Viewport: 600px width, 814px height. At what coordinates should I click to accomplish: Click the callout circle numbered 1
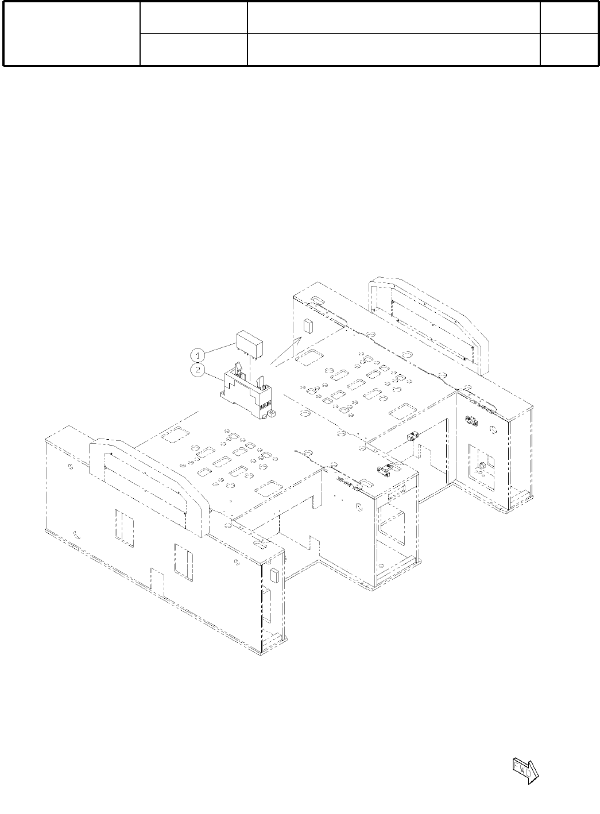click(198, 355)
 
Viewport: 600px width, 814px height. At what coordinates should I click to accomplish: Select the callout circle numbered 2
click(198, 370)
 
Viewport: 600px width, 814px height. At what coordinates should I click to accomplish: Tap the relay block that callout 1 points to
click(250, 345)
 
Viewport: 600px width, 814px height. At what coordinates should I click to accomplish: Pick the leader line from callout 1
click(220, 348)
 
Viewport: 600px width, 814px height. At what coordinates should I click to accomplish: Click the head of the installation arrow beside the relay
click(299, 339)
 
